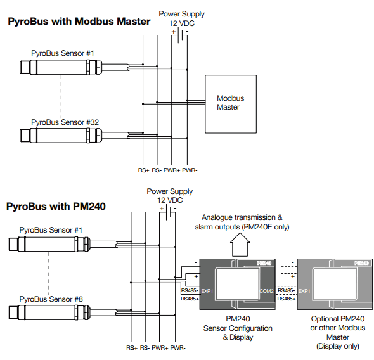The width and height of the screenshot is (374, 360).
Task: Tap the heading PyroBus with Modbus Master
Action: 79,21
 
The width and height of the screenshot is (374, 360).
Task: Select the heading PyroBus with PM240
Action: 56,206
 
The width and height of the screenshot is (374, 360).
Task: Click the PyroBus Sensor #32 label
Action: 65,122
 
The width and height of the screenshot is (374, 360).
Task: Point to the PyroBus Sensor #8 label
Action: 51,299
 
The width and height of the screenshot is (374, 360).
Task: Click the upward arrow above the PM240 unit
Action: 240,245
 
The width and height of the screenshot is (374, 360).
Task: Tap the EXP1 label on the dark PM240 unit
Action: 207,291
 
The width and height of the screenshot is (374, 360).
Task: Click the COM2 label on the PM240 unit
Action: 266,291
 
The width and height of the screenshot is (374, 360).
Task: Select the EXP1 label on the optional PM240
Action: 304,291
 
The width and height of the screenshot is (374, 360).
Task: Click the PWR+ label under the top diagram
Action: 172,170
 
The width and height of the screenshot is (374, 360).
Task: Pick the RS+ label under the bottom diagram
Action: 132,348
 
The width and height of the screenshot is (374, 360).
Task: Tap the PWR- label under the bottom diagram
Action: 177,348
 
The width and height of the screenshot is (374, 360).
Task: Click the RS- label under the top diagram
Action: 157,170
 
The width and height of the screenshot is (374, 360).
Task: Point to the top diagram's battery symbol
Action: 180,36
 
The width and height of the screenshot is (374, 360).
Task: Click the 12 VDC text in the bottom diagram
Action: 170,200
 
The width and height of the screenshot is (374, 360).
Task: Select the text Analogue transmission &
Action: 242,217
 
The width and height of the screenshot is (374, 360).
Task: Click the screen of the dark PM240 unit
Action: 237,283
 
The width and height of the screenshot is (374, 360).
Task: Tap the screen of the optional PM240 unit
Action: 335,283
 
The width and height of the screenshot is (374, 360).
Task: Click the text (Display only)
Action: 338,346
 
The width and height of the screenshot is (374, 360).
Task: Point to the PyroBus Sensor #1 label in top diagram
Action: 63,53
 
